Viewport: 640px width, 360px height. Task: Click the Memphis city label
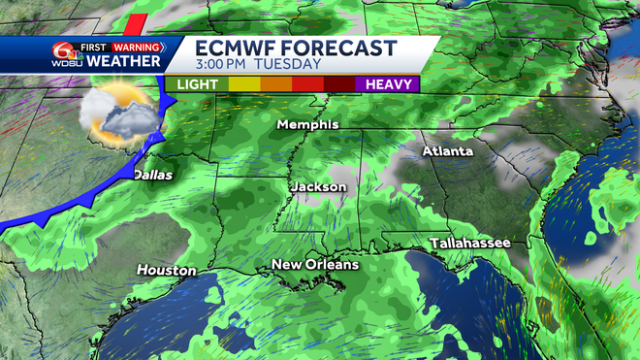307,124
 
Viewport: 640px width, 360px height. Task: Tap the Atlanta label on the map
448,151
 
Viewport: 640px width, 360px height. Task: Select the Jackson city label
319,185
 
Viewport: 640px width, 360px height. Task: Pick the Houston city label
166,270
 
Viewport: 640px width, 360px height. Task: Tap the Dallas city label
152,175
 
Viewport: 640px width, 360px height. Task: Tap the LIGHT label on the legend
197,84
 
